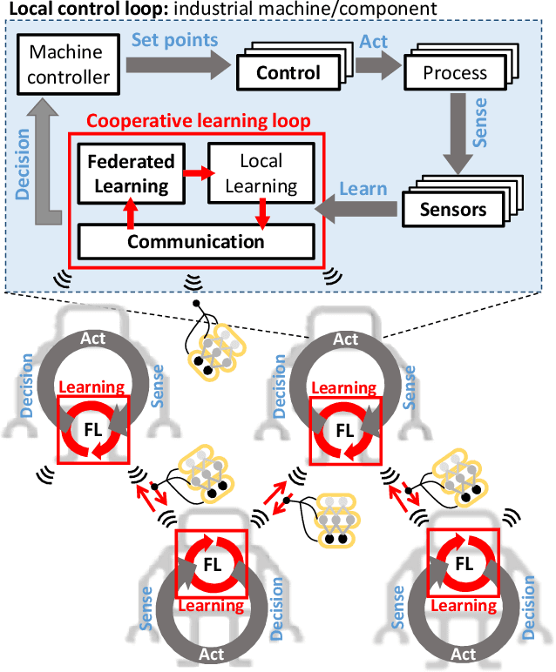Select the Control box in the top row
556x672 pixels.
point(287,73)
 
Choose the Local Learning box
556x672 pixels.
point(261,173)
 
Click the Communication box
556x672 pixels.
point(196,241)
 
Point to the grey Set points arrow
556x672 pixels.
point(174,65)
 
